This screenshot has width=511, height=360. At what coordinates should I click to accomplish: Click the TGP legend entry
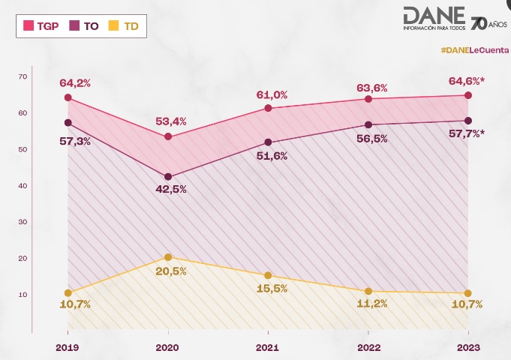point(42,25)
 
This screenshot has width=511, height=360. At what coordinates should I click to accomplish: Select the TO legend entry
point(85,25)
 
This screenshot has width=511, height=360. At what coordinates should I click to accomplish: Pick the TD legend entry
point(124,25)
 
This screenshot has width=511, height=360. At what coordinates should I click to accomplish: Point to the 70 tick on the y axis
point(23,76)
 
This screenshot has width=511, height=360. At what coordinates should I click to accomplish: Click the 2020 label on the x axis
point(167,348)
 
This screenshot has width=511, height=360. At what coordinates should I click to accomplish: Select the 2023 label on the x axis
point(468,348)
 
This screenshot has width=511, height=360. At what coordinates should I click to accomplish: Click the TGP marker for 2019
point(68,97)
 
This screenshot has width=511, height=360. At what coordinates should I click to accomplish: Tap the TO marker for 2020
point(168,177)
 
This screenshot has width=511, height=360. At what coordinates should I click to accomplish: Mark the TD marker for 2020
point(168,257)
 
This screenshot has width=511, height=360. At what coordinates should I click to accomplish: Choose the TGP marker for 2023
point(468,95)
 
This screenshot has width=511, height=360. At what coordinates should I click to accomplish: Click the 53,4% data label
point(171,121)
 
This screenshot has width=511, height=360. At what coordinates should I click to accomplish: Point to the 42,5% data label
point(171,190)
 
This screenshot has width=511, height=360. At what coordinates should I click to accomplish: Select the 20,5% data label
point(171,271)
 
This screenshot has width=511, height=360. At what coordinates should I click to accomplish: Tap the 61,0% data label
point(272,94)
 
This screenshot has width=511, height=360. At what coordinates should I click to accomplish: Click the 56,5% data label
point(370,139)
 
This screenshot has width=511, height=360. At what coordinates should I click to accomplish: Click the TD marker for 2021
point(268,275)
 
